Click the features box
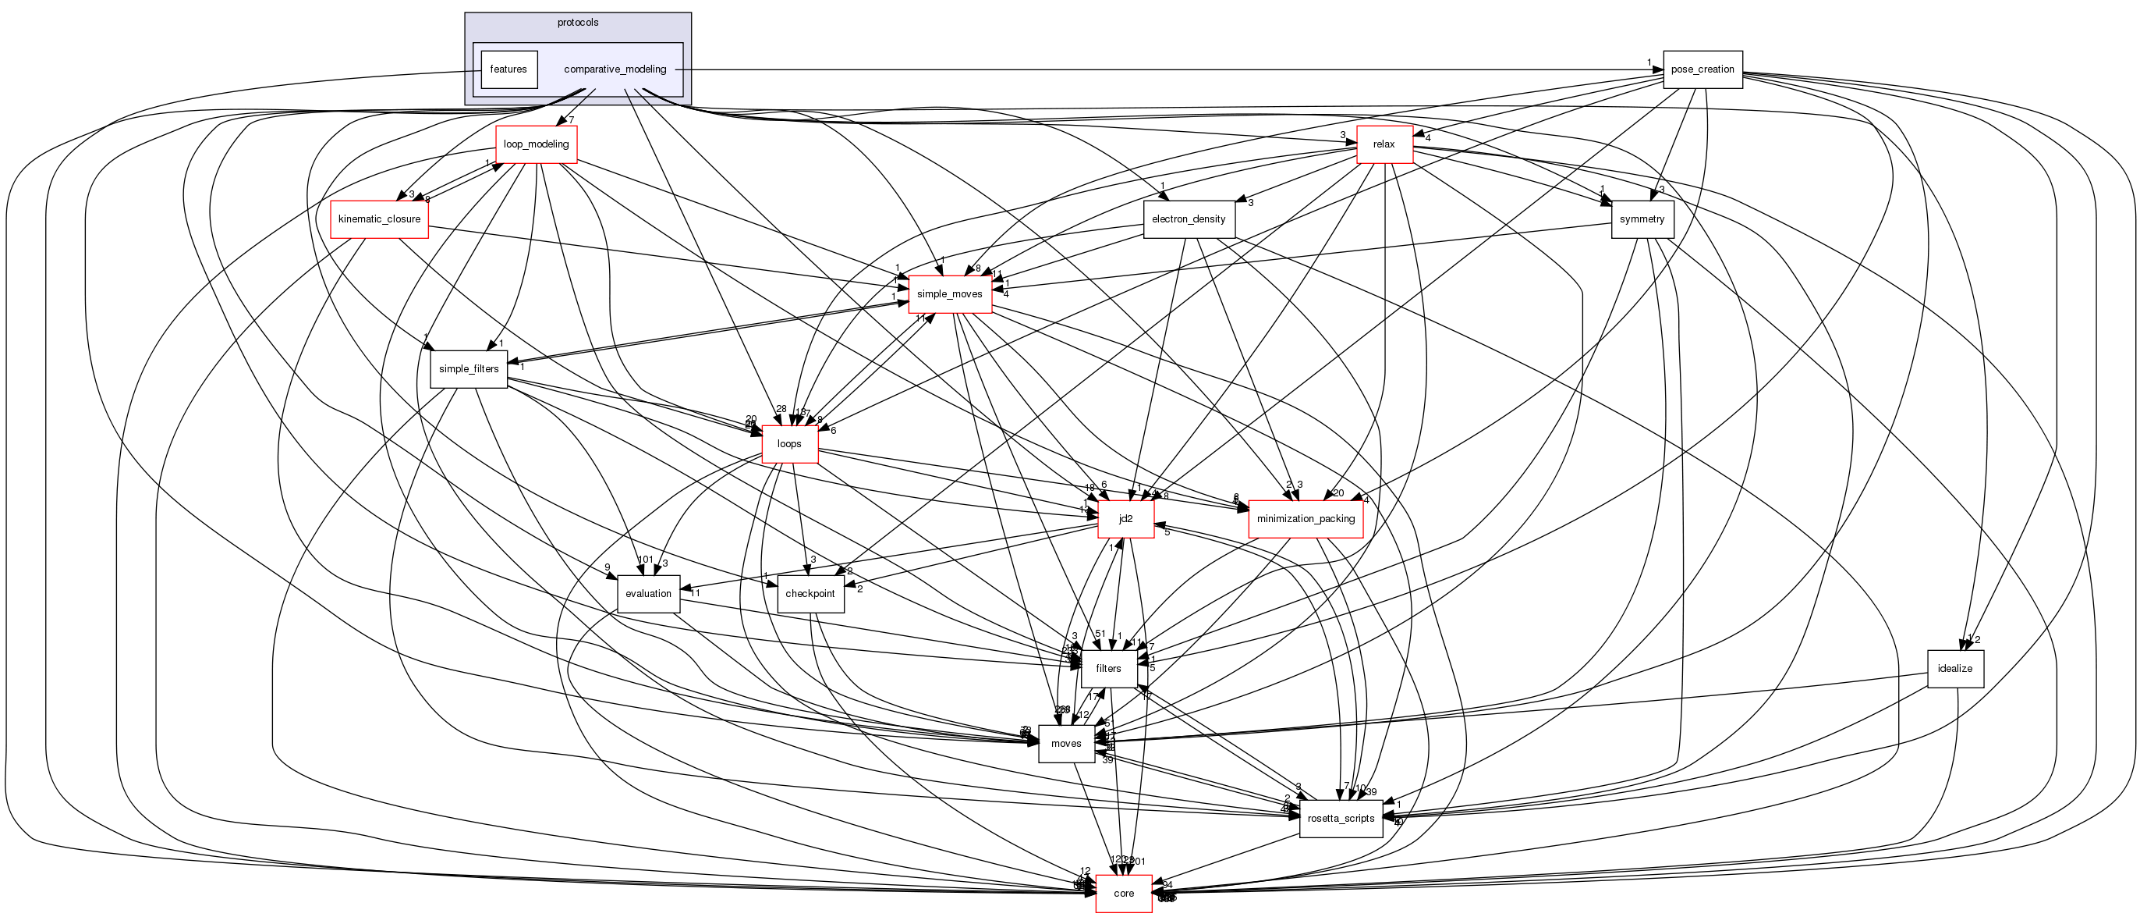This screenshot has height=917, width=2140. click(x=508, y=69)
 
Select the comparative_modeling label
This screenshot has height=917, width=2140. click(x=615, y=69)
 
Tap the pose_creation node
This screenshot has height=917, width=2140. click(x=1702, y=69)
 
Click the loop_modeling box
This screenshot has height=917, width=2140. click(x=536, y=144)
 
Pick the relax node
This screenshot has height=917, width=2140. click(x=1384, y=144)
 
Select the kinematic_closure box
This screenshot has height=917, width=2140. click(x=379, y=219)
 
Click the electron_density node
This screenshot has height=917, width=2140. click(x=1188, y=219)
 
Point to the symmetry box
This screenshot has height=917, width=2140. click(x=1642, y=219)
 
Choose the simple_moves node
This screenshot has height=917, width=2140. click(x=950, y=294)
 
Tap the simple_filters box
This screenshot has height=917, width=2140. click(x=469, y=369)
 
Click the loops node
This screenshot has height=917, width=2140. click(x=789, y=444)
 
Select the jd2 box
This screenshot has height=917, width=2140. click(x=1125, y=519)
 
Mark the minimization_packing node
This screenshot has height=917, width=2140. click(x=1305, y=519)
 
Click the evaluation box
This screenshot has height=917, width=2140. click(x=648, y=594)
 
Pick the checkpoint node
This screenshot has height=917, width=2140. click(x=810, y=594)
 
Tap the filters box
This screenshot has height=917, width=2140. click(x=1108, y=668)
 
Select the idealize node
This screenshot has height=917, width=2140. click(x=1954, y=668)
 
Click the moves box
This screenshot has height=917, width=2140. click(x=1066, y=743)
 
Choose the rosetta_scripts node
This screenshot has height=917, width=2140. click(x=1341, y=818)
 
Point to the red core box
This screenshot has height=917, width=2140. click(x=1123, y=893)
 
